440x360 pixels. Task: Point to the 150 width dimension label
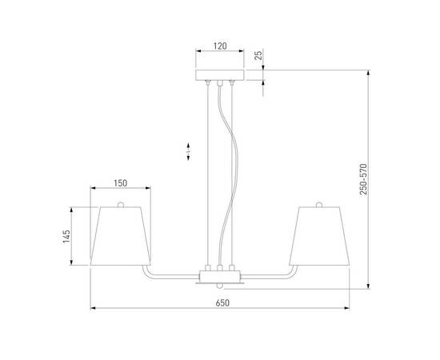120,183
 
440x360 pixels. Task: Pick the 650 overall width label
222,302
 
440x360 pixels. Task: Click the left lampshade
119,236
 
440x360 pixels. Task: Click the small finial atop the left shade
120,205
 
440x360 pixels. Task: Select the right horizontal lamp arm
272,277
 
